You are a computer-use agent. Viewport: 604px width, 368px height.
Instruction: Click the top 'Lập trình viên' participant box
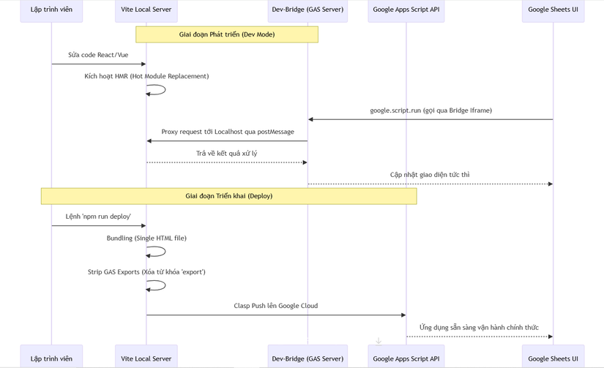coord(51,10)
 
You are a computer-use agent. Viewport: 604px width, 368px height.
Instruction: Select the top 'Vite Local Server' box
coord(146,10)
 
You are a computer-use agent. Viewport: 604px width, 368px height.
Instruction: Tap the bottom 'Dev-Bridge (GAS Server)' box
coord(307,356)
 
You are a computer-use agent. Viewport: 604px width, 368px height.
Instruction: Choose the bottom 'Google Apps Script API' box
coord(406,356)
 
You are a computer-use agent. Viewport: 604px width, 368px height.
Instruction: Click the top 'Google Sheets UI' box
coord(553,10)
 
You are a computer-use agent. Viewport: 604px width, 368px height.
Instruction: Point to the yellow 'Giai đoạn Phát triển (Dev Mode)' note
coord(227,34)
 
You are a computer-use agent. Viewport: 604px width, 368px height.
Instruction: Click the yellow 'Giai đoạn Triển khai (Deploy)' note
coord(229,196)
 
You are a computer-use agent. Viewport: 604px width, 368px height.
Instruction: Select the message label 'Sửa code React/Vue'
coord(98,55)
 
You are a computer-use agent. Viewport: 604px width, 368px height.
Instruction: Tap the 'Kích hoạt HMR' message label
coord(146,76)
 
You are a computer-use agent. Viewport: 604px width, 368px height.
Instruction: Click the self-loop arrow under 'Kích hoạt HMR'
coord(165,90)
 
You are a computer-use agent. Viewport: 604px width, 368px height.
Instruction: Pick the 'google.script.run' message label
coord(430,110)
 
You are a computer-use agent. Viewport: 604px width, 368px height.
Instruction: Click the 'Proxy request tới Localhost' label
coord(228,132)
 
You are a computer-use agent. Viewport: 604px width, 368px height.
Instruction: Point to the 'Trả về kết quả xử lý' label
coord(226,153)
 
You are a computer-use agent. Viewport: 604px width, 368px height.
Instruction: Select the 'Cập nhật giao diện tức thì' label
coord(430,175)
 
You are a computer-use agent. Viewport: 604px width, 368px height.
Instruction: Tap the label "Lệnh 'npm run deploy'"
coord(98,217)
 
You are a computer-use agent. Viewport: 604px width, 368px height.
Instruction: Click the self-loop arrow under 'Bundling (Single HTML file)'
coord(165,252)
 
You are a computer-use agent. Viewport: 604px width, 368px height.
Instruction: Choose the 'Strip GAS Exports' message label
coord(146,271)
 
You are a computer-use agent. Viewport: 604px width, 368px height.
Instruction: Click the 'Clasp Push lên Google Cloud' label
coord(276,306)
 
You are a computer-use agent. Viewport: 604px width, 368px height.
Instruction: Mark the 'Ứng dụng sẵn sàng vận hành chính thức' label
coord(480,327)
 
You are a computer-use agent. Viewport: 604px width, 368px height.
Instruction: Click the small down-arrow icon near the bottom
coord(379,341)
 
